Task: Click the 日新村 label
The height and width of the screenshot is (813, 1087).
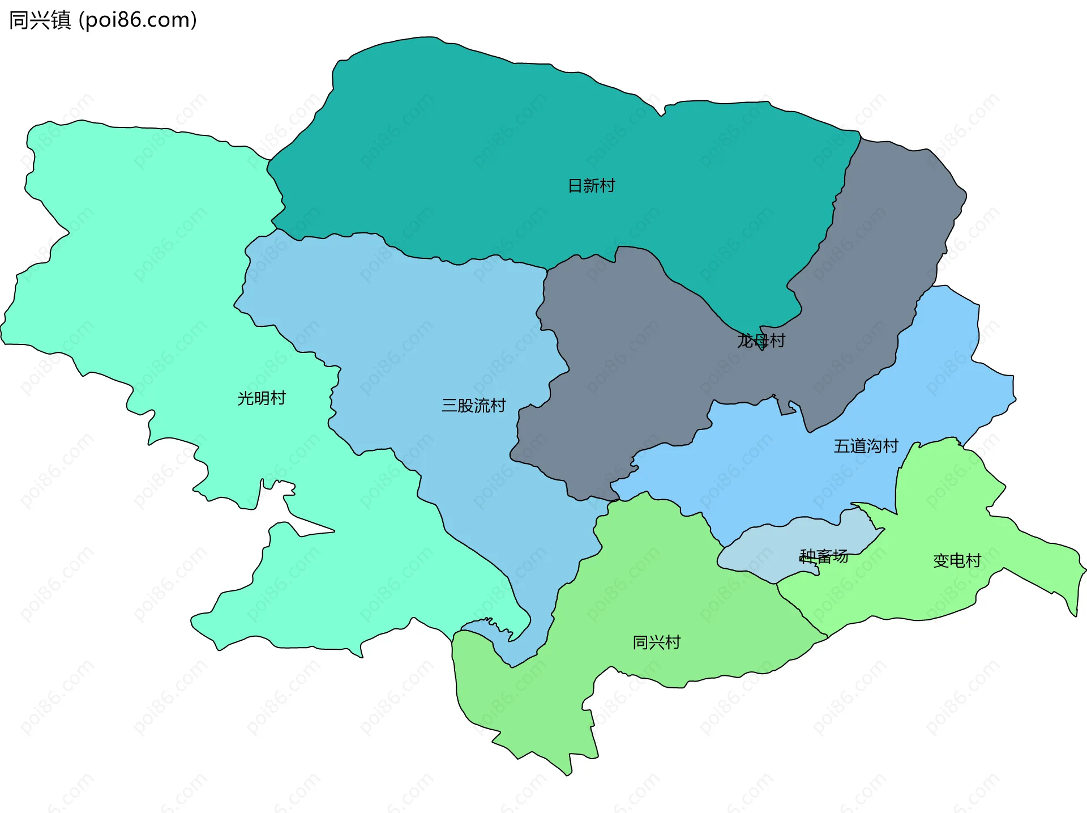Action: coord(591,186)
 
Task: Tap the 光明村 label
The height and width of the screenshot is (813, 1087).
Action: coord(262,398)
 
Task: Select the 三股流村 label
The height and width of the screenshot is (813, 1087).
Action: coord(473,406)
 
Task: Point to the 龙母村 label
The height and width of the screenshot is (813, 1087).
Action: coord(761,340)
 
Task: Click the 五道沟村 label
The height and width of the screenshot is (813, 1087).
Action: coord(866,446)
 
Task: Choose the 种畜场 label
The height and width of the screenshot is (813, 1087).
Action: coord(824,556)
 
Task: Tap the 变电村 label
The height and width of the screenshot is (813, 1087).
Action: coord(957,561)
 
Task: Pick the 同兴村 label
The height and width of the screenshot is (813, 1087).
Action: coord(656,642)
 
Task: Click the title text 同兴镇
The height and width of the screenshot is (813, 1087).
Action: coord(40,20)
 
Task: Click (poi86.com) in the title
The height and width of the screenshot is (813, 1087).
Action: coord(138,20)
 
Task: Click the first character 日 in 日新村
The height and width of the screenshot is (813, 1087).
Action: coord(575,186)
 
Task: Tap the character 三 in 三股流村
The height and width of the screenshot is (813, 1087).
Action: coord(449,406)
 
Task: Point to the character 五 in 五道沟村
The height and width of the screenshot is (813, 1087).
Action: coord(842,446)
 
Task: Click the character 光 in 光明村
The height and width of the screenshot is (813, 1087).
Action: coord(245,398)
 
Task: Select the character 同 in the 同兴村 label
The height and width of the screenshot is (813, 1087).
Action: coord(640,642)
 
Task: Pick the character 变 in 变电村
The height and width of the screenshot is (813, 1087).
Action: coord(941,561)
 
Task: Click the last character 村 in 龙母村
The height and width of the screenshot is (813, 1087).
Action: coord(777,340)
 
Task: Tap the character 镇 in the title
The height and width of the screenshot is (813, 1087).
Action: coord(61,20)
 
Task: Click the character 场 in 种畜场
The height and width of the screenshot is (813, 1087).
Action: coord(840,556)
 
